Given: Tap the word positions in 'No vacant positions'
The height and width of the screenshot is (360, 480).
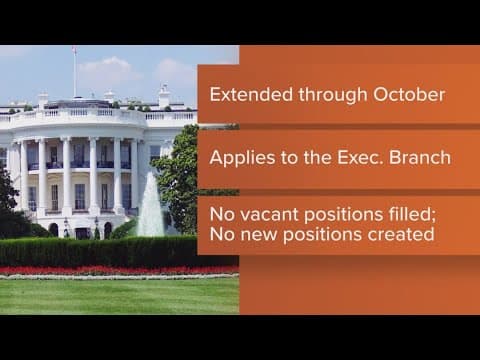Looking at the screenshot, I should [334, 215].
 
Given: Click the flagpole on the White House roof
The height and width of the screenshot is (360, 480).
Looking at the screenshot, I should [73, 75].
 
